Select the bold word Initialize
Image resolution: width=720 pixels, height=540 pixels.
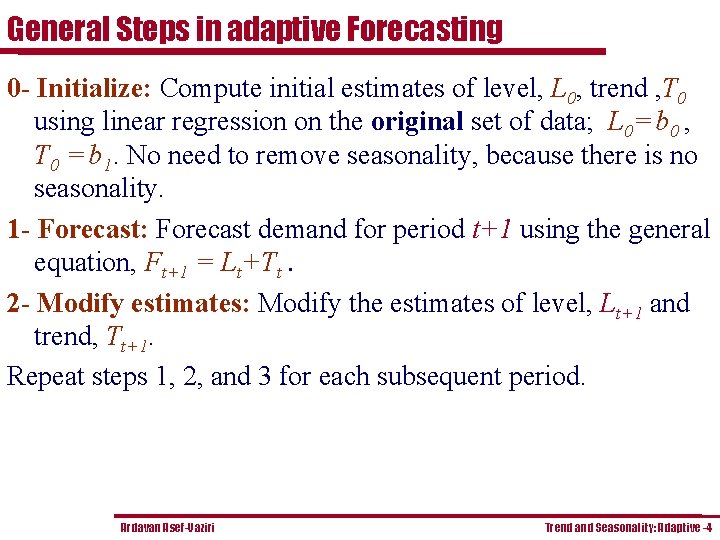point(91,88)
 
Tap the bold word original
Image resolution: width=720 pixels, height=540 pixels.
point(416,122)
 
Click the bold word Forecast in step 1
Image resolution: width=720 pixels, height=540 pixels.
point(92,229)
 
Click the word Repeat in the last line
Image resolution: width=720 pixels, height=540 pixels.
point(40,377)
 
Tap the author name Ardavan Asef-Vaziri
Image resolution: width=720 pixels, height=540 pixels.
point(167,527)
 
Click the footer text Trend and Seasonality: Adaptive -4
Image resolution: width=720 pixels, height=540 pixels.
point(628,527)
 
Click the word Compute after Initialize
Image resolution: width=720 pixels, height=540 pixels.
point(206,88)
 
